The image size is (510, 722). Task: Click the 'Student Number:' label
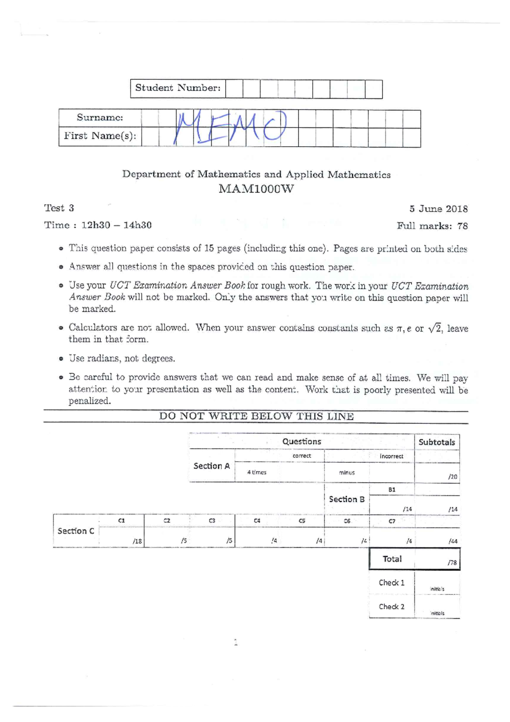pyautogui.click(x=178, y=88)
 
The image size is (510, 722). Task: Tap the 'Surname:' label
pyautogui.click(x=100, y=118)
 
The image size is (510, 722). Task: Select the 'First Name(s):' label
pyautogui.click(x=100, y=136)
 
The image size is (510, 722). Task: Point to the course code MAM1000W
pyautogui.click(x=256, y=189)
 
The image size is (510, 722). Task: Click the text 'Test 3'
pyautogui.click(x=59, y=208)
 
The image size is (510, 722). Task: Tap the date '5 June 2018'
pyautogui.click(x=438, y=209)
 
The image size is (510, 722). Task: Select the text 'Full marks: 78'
pyautogui.click(x=432, y=226)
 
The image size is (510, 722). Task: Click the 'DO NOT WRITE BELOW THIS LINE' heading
pyautogui.click(x=256, y=416)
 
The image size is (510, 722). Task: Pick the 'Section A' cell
pyautogui.click(x=212, y=466)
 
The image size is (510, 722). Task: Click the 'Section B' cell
pyautogui.click(x=346, y=499)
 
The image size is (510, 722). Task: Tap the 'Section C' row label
pyautogui.click(x=76, y=531)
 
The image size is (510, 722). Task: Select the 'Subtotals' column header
pyautogui.click(x=436, y=442)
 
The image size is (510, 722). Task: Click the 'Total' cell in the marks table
pyautogui.click(x=392, y=559)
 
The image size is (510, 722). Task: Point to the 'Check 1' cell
pyautogui.click(x=391, y=583)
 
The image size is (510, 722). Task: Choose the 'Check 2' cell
pyautogui.click(x=391, y=607)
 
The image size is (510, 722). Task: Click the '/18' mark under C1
pyautogui.click(x=137, y=541)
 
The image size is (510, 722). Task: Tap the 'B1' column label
pyautogui.click(x=392, y=490)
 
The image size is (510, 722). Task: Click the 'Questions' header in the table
pyautogui.click(x=302, y=442)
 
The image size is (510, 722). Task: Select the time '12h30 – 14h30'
pyautogui.click(x=116, y=225)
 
